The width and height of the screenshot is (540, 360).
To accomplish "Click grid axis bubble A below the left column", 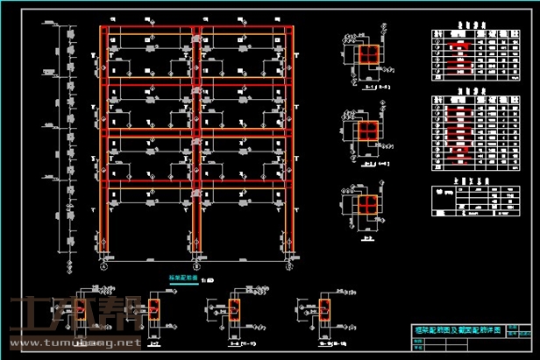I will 103,261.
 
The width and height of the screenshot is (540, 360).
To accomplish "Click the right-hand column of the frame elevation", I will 287,140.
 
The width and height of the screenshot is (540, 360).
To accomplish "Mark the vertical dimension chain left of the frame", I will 67,140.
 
